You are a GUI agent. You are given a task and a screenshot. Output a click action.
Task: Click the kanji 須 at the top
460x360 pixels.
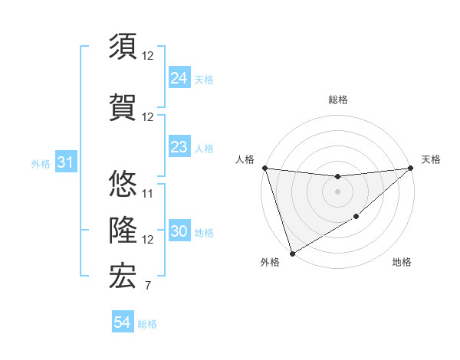(x=123, y=45)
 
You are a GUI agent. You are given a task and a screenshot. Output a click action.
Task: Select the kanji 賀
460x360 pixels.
(x=123, y=107)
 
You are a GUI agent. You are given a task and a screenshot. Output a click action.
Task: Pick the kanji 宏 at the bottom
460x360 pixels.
(x=123, y=276)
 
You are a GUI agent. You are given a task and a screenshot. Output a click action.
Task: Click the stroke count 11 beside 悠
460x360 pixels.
(x=148, y=193)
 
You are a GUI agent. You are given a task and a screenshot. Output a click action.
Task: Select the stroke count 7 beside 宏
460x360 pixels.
(x=147, y=286)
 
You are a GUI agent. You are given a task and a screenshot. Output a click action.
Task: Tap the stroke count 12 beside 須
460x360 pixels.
(x=148, y=56)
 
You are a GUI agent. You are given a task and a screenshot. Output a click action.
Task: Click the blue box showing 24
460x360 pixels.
(x=179, y=78)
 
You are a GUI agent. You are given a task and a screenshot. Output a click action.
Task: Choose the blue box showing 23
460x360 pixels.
(x=179, y=147)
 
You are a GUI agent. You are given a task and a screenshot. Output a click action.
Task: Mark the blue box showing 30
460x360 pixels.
(x=179, y=232)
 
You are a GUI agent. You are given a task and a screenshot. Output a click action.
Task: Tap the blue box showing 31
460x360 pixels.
(x=65, y=163)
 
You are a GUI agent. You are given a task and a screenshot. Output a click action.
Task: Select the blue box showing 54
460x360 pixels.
(x=123, y=323)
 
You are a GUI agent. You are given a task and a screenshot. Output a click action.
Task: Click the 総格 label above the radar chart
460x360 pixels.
(x=338, y=100)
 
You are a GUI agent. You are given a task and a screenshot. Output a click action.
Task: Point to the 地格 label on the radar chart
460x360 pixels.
(x=402, y=263)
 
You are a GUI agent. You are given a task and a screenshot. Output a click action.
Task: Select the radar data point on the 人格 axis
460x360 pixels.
(x=264, y=168)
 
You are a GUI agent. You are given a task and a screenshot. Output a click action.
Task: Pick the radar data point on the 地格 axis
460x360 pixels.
(x=356, y=218)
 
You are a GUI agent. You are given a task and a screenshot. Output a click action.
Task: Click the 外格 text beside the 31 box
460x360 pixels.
(x=41, y=164)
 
